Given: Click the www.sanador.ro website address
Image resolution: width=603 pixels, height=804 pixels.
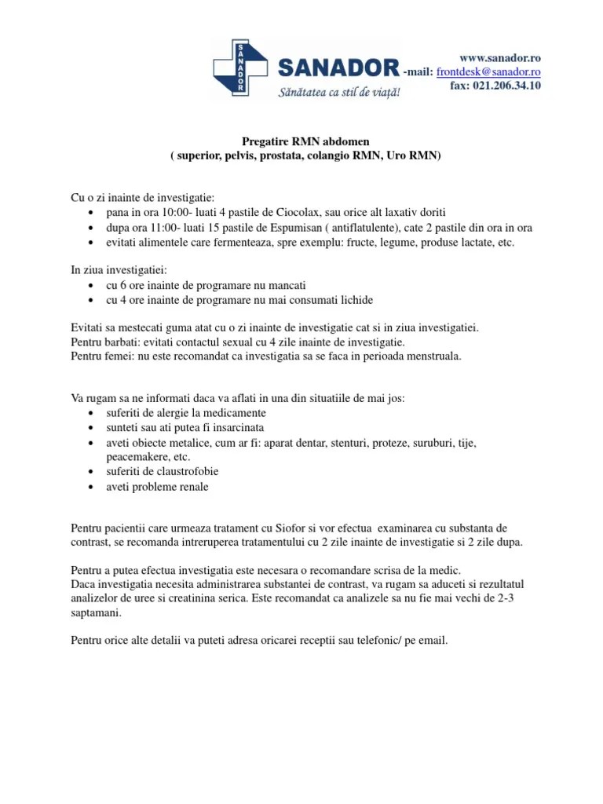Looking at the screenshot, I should [500, 58].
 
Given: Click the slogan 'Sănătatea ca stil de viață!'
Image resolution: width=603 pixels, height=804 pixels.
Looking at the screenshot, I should [340, 93].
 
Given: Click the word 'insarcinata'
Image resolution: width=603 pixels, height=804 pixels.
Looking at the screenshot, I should [239, 428].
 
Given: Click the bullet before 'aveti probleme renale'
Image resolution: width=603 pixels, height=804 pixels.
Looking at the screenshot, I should [93, 487].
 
